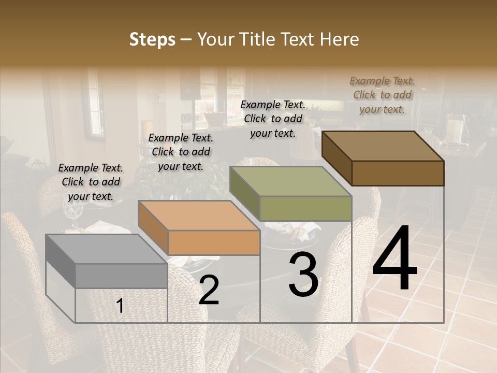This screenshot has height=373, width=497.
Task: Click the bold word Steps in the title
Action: [x=152, y=39]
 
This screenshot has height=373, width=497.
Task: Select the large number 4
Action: [x=394, y=260]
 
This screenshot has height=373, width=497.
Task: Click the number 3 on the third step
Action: [x=303, y=275]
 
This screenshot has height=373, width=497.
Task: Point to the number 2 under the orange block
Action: [x=209, y=290]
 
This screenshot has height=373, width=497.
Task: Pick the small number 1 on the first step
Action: [x=120, y=306]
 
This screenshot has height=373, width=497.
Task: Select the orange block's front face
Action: [x=214, y=242]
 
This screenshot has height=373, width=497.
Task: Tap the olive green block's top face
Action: [x=290, y=181]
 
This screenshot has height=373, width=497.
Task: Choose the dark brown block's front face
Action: [x=398, y=173]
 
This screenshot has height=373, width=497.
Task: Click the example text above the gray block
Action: [x=91, y=182]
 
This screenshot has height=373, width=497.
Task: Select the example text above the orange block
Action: [x=181, y=152]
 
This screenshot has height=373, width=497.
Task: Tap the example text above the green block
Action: [x=273, y=119]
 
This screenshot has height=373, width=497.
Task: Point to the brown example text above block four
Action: [x=382, y=95]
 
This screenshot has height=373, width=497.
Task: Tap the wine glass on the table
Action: [x=72, y=212]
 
